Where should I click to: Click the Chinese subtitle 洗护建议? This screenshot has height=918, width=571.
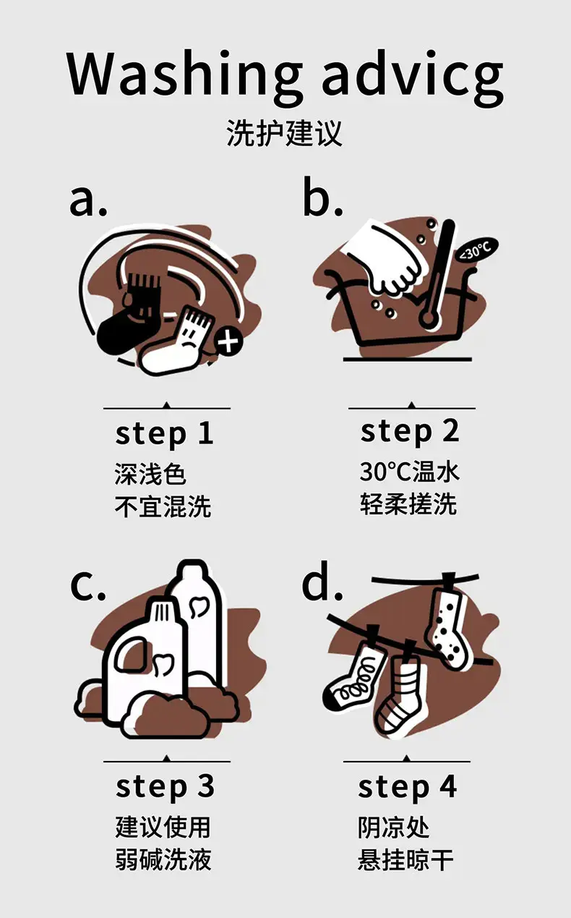(284, 133)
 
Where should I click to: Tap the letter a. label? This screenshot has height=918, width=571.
(88, 200)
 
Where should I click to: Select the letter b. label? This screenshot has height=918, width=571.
(322, 196)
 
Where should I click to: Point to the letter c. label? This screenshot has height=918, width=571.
(87, 585)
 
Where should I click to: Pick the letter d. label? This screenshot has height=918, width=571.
(322, 581)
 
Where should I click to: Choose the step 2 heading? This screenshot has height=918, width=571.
(410, 433)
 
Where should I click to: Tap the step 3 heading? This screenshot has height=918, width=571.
(165, 788)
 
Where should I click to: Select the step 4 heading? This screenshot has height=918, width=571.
(407, 788)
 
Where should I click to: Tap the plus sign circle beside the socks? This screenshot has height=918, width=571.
(228, 341)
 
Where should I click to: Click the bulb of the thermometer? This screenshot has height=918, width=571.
(429, 318)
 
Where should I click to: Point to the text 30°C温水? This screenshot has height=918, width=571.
(410, 472)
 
